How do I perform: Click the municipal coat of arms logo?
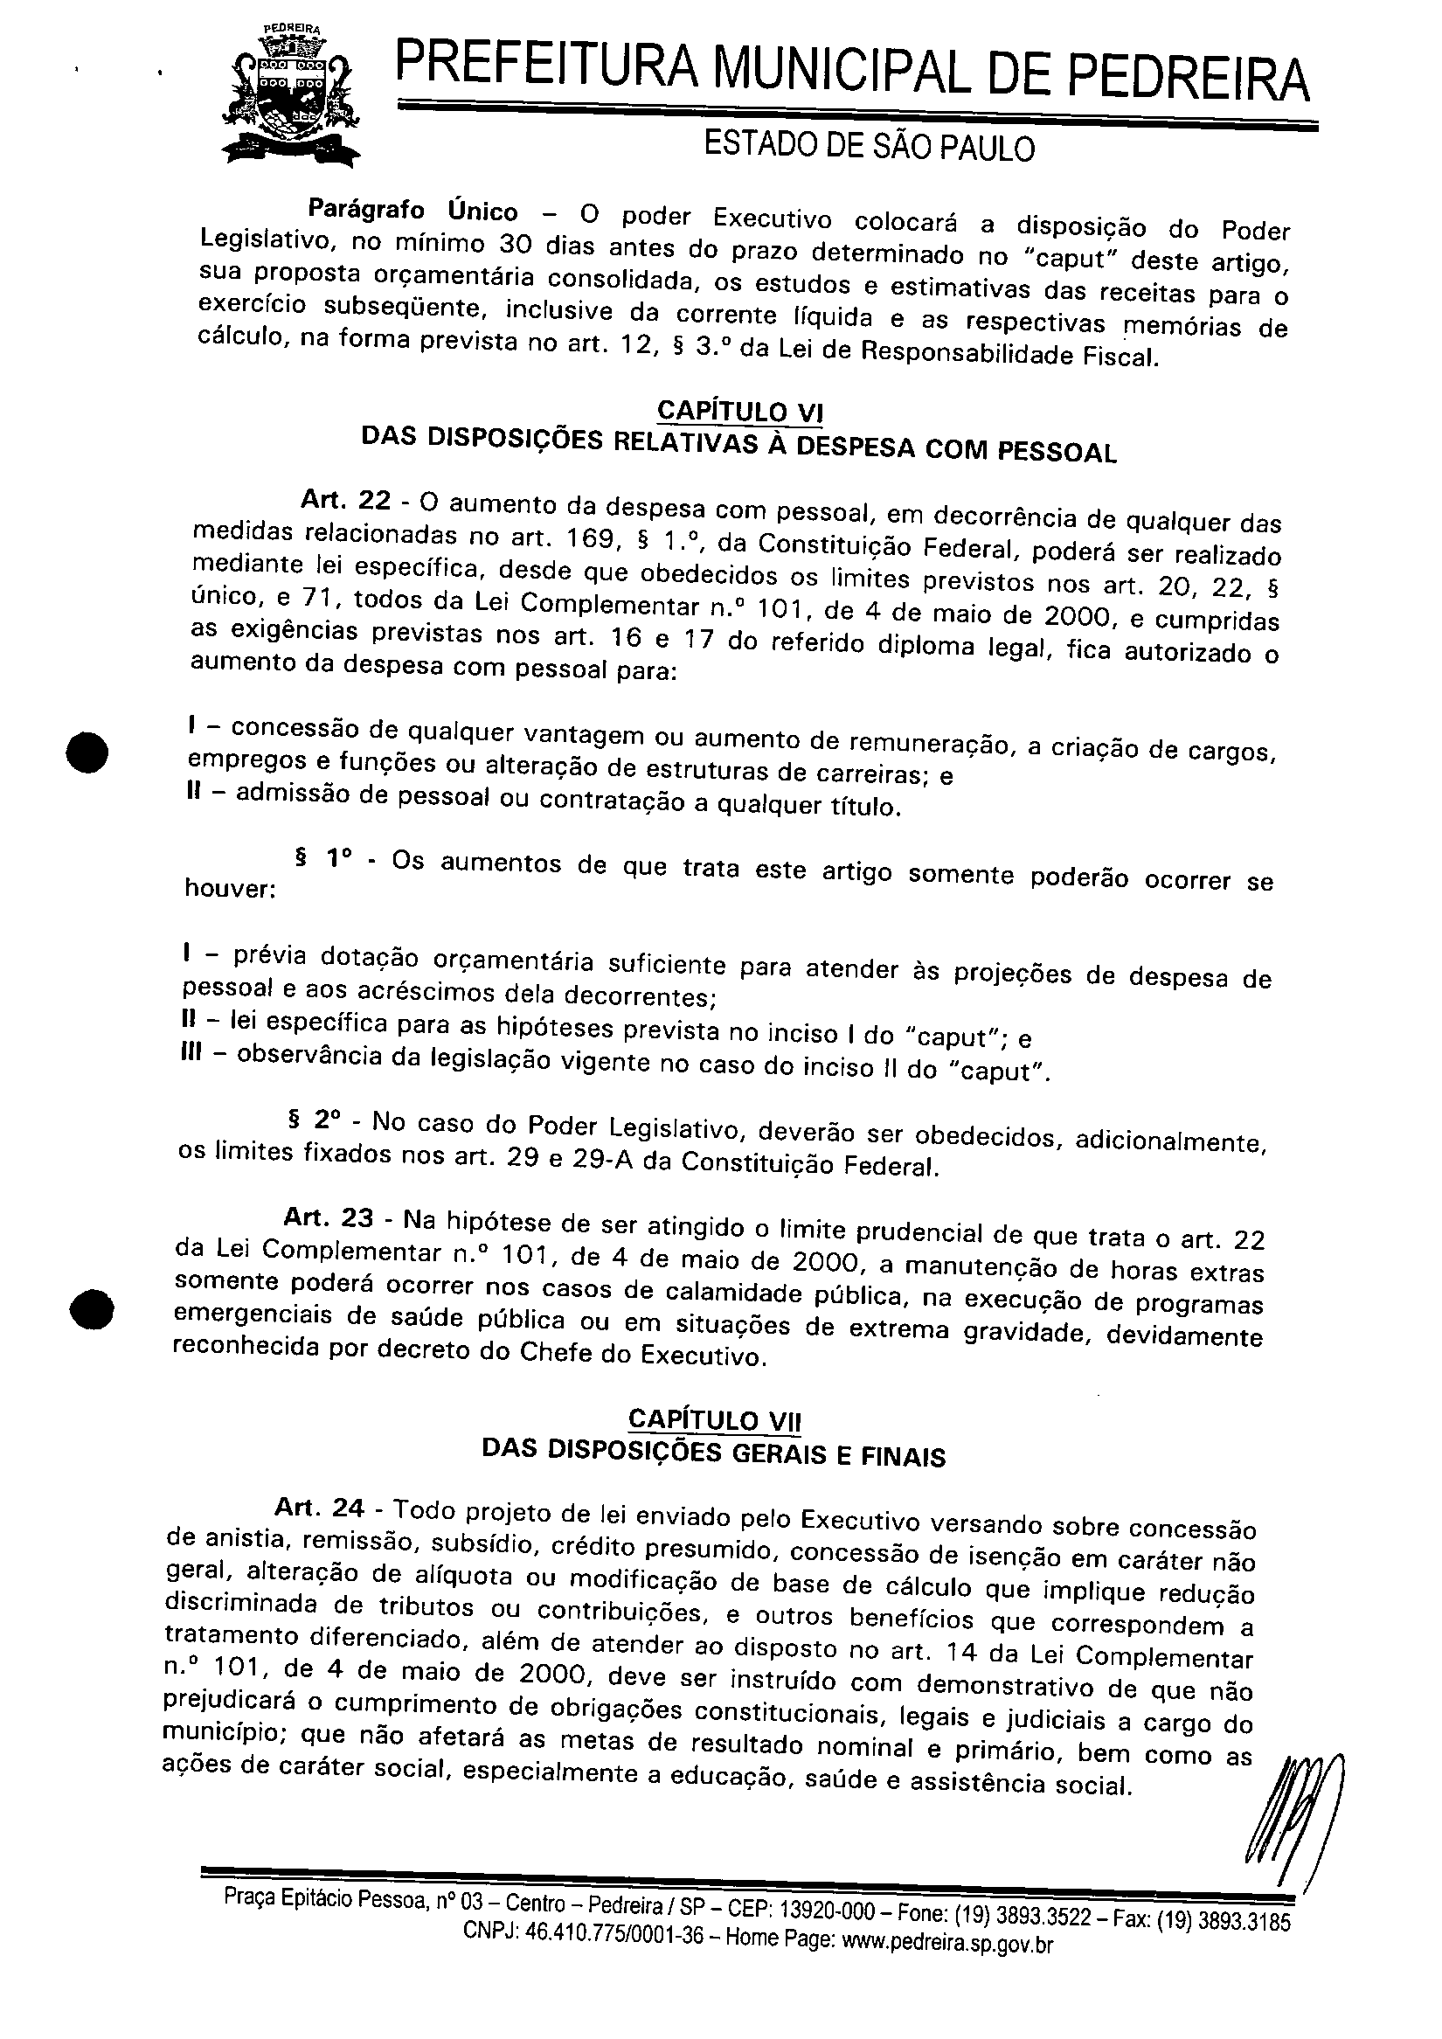tap(292, 97)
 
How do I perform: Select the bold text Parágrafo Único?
tap(412, 212)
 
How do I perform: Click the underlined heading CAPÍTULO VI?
tap(739, 412)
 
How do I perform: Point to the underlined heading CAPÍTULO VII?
tap(714, 1419)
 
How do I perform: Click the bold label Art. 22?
tap(345, 501)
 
